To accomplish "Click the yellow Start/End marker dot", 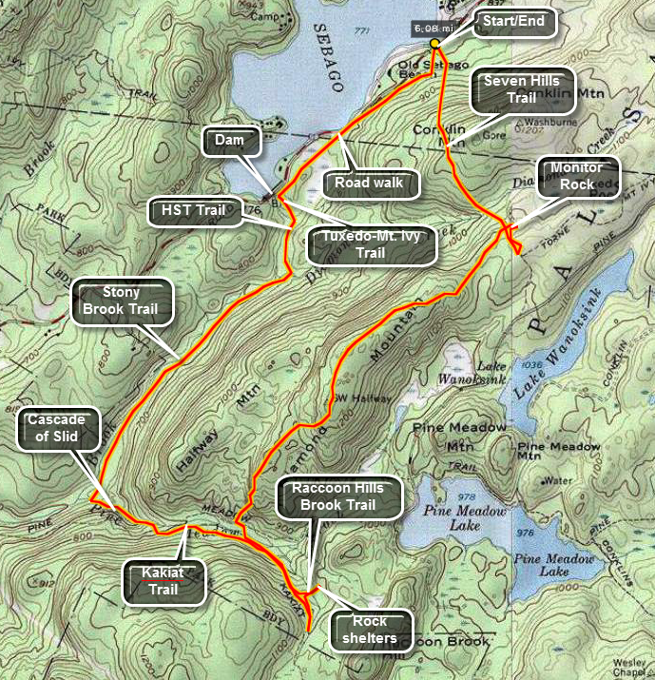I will tap(434, 44).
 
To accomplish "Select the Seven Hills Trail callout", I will tap(522, 89).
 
